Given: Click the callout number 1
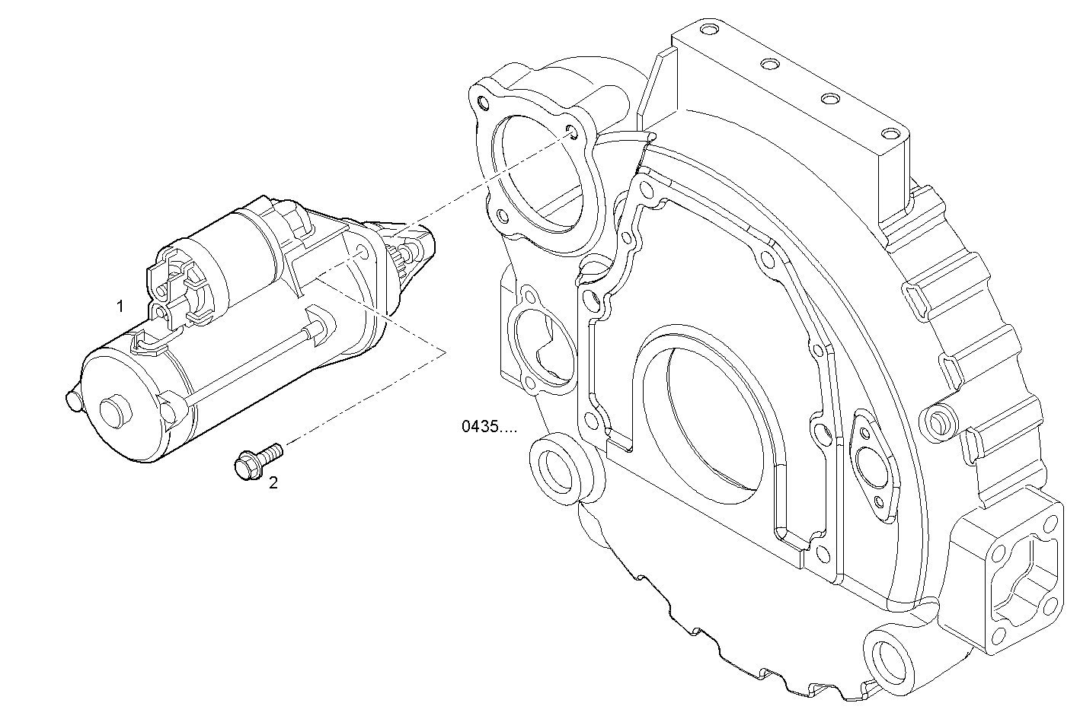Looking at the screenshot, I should point(120,307).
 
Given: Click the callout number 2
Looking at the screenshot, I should point(273,482).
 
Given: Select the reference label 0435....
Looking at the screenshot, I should point(488,426).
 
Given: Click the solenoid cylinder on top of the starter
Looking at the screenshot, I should point(228,254).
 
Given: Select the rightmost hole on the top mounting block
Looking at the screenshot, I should point(888,134).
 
